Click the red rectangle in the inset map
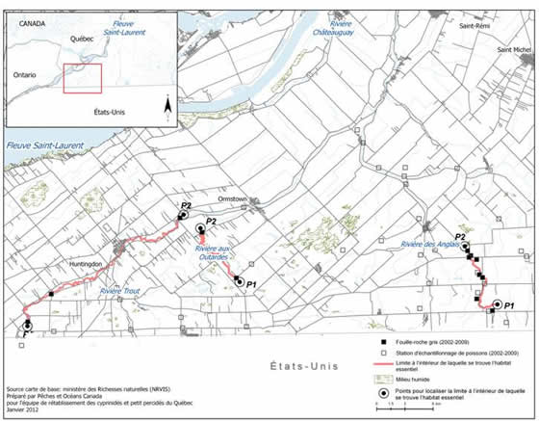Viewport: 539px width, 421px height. [82, 79]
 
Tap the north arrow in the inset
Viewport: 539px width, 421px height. [168, 104]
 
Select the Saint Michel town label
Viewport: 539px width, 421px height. [514, 48]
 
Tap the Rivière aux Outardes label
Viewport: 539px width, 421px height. [211, 254]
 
